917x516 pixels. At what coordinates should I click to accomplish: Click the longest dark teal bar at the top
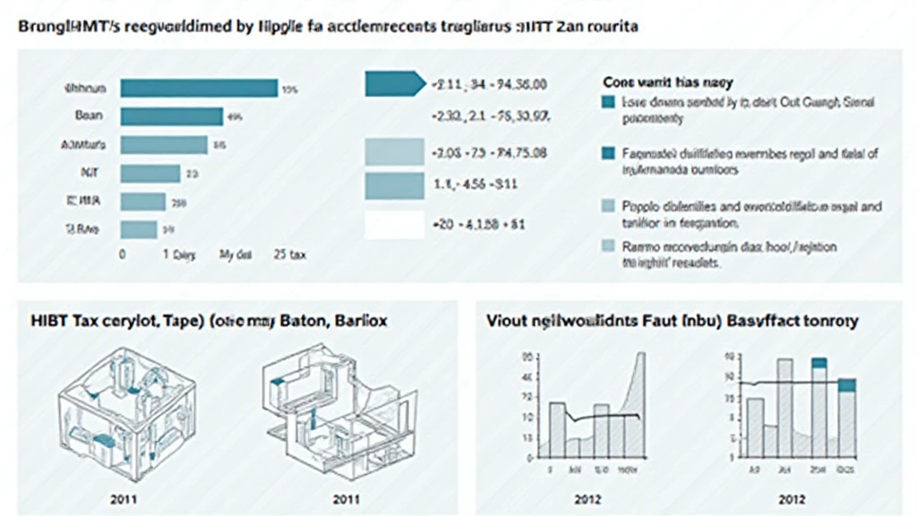click(199, 88)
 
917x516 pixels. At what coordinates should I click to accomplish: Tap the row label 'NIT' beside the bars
click(89, 173)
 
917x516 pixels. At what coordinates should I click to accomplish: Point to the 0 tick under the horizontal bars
click(122, 254)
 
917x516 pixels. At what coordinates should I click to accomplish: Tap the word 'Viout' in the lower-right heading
click(508, 320)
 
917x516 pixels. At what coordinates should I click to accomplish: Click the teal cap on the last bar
click(846, 384)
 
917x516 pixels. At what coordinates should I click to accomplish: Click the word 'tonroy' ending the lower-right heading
click(828, 320)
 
